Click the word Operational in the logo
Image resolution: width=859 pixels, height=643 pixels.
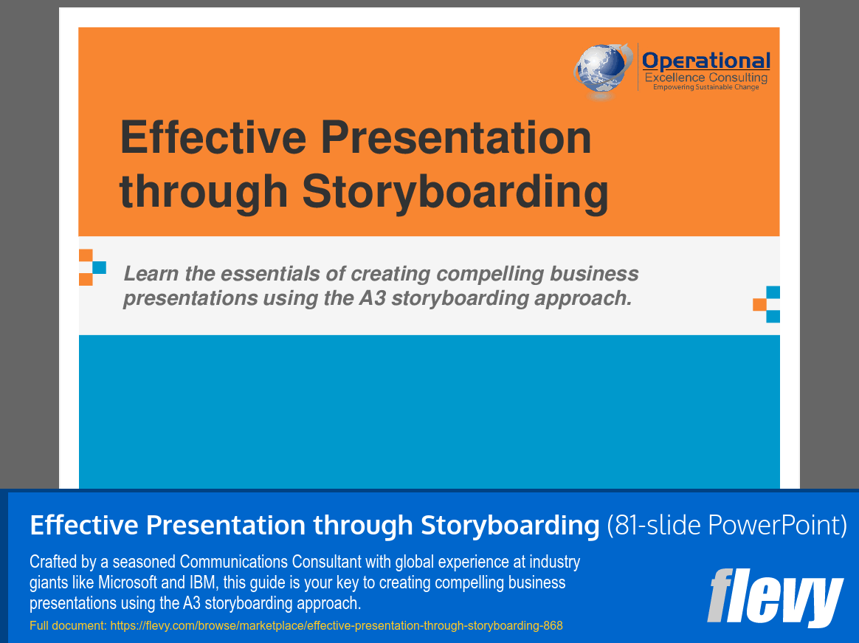click(706, 61)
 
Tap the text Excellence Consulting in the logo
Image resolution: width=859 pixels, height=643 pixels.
click(706, 78)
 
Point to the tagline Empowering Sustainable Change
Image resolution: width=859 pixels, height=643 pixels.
click(706, 87)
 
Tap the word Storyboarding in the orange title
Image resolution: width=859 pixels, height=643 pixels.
click(455, 190)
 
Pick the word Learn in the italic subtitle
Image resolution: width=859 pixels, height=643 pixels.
click(150, 274)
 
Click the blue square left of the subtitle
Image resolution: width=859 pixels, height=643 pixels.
click(99, 267)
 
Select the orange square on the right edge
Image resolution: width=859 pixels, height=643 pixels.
click(759, 304)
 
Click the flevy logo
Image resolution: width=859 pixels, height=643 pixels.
click(774, 596)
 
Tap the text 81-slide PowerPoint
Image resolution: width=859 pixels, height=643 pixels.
click(726, 526)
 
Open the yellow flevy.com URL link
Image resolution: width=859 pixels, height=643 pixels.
click(296, 626)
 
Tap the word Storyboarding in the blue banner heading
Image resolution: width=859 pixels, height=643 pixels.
click(510, 526)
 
